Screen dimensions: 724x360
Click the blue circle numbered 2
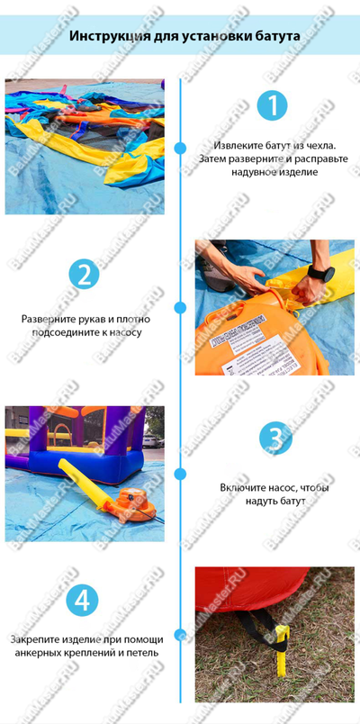[83, 274]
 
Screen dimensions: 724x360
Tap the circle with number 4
[83, 599]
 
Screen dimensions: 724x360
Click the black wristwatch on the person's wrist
[319, 273]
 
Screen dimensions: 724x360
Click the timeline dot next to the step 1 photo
[181, 149]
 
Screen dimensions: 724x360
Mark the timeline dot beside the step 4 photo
[181, 636]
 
